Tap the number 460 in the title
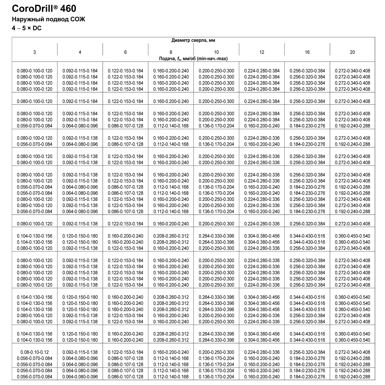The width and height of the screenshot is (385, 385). tap(68, 9)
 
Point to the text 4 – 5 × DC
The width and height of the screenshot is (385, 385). tap(26, 28)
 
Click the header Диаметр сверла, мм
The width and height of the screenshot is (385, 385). tap(193, 40)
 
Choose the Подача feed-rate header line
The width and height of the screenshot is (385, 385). tap(193, 59)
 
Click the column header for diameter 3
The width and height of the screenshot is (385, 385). tap(35, 52)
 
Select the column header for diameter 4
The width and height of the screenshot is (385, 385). tap(80, 52)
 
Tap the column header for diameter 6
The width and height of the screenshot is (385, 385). tap(125, 52)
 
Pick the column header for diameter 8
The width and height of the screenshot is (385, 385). tap(171, 52)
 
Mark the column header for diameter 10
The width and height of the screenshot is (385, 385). tap(216, 52)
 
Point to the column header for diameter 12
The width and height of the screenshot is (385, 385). tap(262, 52)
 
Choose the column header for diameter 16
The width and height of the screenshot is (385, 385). tap(307, 52)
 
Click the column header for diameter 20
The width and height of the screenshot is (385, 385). tap(352, 52)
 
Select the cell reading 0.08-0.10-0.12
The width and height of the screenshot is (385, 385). tap(35, 352)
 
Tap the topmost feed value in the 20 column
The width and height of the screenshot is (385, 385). tap(352, 71)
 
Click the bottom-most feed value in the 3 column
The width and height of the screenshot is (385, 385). tap(35, 377)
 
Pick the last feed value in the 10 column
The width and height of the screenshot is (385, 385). tap(216, 377)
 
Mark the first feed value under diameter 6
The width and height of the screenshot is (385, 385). tap(126, 71)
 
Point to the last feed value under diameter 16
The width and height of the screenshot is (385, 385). tap(307, 377)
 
